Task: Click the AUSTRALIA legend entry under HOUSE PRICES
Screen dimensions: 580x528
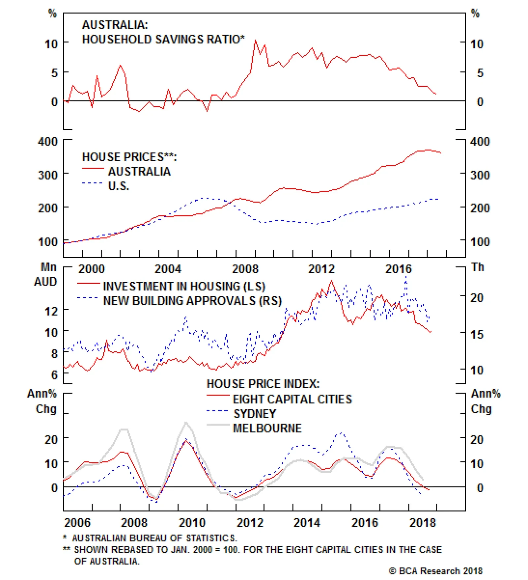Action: coord(139,172)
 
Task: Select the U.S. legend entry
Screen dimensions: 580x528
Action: coord(118,186)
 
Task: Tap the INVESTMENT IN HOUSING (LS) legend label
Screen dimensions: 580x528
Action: coord(184,286)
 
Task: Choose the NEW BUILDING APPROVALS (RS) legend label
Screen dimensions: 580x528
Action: coord(192,301)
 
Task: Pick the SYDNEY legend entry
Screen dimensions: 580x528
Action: coord(254,413)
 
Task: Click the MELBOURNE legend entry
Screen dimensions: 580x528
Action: coord(267,428)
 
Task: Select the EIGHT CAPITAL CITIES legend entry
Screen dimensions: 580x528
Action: coord(292,399)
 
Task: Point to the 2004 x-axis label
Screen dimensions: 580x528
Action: coord(168,269)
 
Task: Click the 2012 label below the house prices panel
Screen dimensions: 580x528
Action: coord(321,269)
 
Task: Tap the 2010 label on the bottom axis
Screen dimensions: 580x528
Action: coord(192,523)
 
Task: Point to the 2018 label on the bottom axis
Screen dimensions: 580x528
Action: coord(422,523)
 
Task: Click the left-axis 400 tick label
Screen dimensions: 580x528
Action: coord(48,142)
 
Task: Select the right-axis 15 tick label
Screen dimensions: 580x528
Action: coord(477,334)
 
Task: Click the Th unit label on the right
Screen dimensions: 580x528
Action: coord(478,267)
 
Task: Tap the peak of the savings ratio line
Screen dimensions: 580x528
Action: coord(255,41)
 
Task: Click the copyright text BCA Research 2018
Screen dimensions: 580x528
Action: coord(436,571)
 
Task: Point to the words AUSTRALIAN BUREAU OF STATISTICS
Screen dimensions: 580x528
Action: coord(154,538)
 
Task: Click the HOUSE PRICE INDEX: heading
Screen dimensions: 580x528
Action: coord(263,384)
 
